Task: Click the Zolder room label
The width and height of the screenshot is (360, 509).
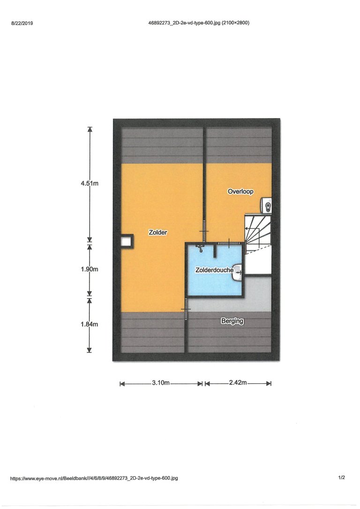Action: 158,232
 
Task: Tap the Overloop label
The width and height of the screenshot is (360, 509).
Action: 240,192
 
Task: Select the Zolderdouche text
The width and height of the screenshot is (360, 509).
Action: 214,270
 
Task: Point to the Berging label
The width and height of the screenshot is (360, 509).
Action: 232,321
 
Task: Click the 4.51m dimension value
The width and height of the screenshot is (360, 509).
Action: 90,183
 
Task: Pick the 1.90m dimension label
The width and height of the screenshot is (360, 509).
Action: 90,269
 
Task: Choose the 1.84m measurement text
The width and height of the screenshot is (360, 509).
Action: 90,324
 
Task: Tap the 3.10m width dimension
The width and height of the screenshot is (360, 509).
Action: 161,383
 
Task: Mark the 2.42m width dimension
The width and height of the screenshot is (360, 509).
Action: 238,383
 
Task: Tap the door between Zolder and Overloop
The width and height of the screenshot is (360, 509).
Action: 204,231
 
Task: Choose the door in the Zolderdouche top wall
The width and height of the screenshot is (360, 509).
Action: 229,243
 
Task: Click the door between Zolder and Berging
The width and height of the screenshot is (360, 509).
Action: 186,309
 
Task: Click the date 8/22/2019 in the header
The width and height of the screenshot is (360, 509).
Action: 22,23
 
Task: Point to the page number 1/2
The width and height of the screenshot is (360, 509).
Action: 342,478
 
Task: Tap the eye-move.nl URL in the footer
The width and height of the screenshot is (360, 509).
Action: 94,478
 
